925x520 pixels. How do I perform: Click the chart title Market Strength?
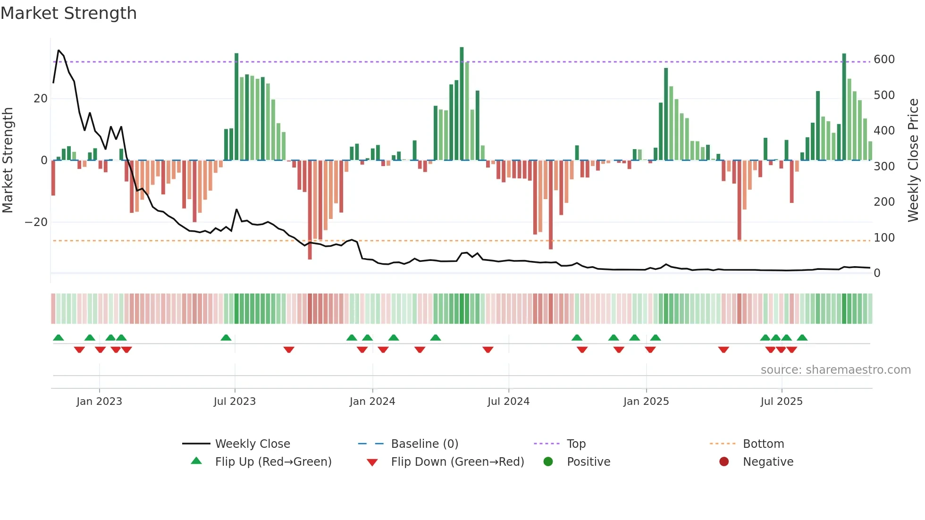tap(68, 13)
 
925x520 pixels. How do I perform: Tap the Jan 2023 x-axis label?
tap(99, 402)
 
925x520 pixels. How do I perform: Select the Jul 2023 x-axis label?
tap(235, 402)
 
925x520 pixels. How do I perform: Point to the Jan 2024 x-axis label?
tap(372, 402)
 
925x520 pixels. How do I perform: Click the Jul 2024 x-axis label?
tap(508, 402)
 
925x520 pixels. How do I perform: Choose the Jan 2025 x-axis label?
tap(646, 402)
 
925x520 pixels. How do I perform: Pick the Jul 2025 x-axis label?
tap(782, 402)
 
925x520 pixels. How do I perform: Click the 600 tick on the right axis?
tap(884, 59)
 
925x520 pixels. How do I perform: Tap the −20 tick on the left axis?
tap(36, 222)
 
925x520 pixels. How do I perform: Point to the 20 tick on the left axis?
tap(41, 99)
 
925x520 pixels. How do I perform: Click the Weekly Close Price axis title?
tap(913, 160)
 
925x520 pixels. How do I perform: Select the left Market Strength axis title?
tap(8, 160)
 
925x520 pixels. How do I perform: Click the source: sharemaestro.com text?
tap(835, 370)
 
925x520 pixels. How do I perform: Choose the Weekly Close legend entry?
tap(252, 444)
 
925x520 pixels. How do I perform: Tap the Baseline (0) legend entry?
tap(424, 444)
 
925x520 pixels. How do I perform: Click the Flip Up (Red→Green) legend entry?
tap(273, 462)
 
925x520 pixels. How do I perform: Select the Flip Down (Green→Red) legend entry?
tap(457, 462)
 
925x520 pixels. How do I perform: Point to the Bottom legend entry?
tap(763, 444)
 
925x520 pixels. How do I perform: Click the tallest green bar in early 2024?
tap(462, 104)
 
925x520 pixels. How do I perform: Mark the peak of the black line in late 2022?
tap(59, 50)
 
